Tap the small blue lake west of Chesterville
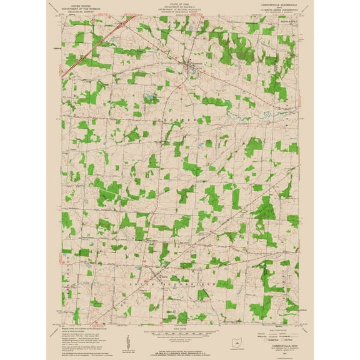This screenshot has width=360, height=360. tap(150, 97)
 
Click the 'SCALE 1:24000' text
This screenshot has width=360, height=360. tap(180, 321)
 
